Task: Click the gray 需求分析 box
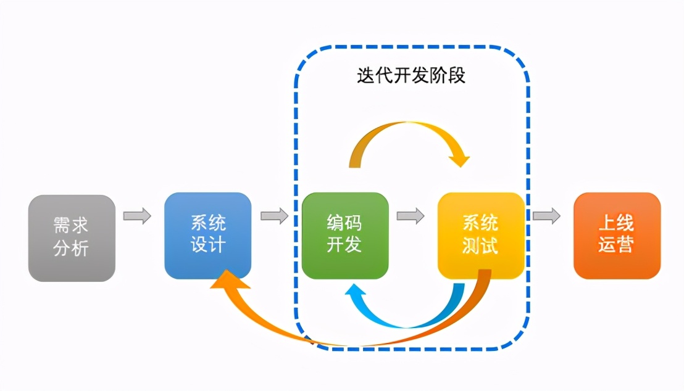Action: pos(72,238)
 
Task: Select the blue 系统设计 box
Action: pos(208,235)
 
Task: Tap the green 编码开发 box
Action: pos(344,235)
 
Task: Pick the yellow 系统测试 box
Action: pos(481,235)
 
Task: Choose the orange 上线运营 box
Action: pos(617,235)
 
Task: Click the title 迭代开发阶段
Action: pos(411,75)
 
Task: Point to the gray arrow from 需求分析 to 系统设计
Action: pos(137,216)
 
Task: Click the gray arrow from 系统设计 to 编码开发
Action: pos(274,216)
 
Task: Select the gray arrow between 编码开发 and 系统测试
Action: pos(411,216)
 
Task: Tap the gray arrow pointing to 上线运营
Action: pos(547,216)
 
